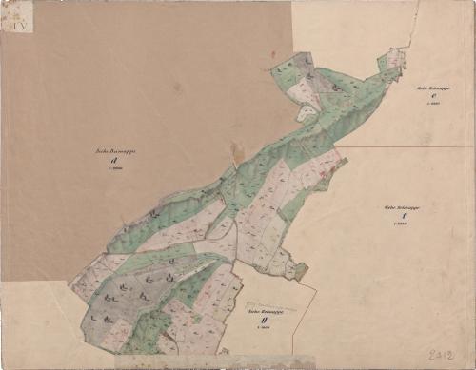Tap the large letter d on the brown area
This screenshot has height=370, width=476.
click(x=113, y=160)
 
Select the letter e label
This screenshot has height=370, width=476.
click(x=432, y=94)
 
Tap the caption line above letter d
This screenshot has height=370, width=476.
click(x=113, y=149)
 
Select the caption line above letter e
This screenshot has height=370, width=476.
click(x=433, y=86)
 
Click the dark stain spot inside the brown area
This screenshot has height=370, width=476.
click(x=237, y=150)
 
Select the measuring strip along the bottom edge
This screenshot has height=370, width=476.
click(x=214, y=362)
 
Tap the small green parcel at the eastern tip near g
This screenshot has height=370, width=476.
click(x=301, y=272)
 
